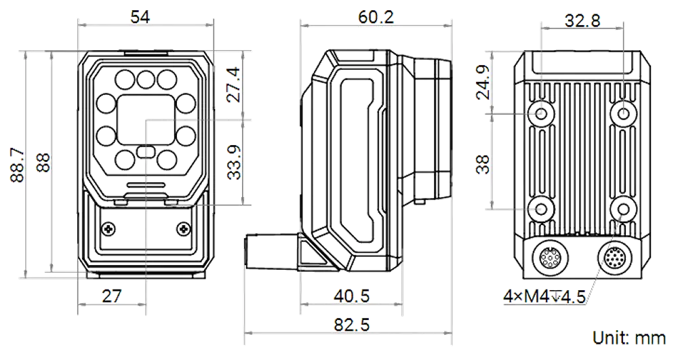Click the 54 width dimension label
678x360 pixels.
pos(140,17)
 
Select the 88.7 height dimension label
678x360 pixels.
pos(18,165)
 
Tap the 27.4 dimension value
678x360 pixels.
pos(233,84)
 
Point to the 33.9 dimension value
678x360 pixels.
pos(234,162)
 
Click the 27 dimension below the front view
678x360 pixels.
pos(112,296)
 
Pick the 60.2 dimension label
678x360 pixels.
pos(376,17)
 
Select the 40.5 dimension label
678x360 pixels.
pos(351,296)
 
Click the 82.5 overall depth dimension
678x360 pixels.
pos(351,325)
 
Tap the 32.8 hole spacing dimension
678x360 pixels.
pos(582,20)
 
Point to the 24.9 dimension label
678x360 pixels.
pos(483,83)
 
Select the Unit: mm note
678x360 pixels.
pos(629,338)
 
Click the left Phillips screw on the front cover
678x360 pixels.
pos(108,228)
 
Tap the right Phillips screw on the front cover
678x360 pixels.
pos(183,228)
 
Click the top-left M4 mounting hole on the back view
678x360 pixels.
pos(541,114)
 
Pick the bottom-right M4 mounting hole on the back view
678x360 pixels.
pos(623,209)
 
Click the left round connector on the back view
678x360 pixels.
pos(549,259)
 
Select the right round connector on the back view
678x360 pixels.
pos(616,259)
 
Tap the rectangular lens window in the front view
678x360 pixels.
pos(146,120)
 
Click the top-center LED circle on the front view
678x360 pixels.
pos(146,79)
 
